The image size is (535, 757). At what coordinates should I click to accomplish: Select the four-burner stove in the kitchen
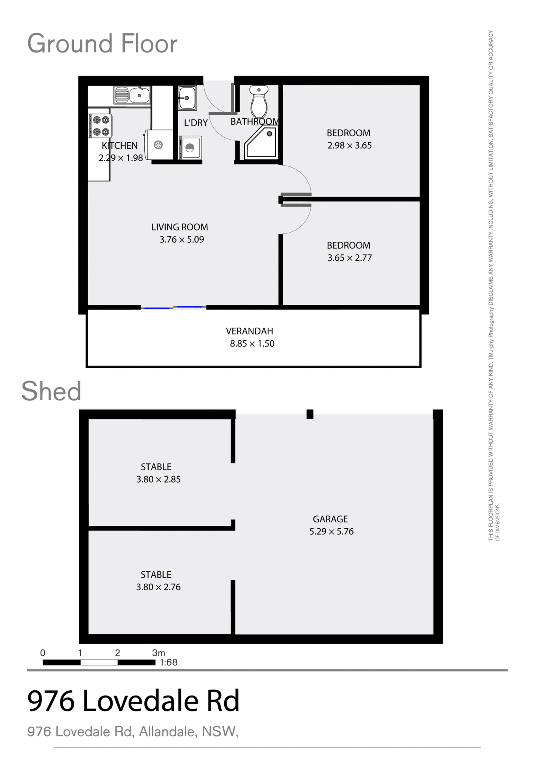tap(101, 126)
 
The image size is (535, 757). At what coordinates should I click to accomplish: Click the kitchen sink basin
tap(139, 95)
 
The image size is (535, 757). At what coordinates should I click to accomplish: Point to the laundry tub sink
tap(187, 98)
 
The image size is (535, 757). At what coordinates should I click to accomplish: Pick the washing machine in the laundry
tap(190, 147)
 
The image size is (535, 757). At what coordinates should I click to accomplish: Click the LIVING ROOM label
tap(179, 227)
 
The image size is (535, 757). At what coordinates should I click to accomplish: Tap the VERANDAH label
tap(249, 331)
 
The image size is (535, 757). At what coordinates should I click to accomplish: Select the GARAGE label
tap(330, 519)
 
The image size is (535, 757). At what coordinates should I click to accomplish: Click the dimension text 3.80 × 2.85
tap(158, 479)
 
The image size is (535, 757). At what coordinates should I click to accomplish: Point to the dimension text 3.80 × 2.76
tap(158, 587)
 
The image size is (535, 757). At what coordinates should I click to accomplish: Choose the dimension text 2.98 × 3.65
tap(349, 145)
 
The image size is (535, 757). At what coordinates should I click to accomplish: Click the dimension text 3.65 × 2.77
tap(349, 258)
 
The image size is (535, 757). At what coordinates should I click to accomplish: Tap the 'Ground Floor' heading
tap(102, 43)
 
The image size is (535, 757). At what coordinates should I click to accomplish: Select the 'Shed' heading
tap(51, 392)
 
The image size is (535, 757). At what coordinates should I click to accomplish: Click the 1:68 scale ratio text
tap(168, 662)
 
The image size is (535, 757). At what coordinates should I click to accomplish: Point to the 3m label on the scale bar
tap(158, 653)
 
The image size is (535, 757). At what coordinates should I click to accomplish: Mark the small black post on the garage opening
tap(310, 414)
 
